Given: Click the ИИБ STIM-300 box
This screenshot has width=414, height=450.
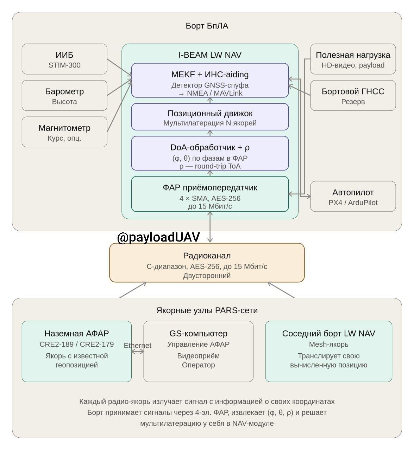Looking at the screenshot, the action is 64,59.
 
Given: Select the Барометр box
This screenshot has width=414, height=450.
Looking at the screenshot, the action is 64,96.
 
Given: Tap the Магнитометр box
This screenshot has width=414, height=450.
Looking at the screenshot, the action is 64,132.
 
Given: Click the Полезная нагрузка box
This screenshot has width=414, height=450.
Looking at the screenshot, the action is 353,59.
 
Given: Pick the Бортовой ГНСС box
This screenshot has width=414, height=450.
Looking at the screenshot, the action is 353,96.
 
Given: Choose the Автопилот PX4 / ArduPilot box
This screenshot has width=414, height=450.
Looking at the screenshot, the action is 353,197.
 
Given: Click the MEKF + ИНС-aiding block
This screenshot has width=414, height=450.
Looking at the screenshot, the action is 210,80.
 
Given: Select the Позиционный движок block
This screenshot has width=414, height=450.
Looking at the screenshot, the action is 210,117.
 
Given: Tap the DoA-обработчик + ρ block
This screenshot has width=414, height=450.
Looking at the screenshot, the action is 210,153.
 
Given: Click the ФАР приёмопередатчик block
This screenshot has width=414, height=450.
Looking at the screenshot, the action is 210,194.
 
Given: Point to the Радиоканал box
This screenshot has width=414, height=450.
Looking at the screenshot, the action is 207,263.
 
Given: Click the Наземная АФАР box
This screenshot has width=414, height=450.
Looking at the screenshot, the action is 77,352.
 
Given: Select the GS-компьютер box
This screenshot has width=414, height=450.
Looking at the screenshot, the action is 198,352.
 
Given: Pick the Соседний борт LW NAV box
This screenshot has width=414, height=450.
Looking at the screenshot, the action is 329,352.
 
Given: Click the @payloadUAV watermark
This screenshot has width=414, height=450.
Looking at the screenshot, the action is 158,237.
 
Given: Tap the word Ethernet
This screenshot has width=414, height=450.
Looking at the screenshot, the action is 138,346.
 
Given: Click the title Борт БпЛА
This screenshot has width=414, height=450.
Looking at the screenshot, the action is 207,26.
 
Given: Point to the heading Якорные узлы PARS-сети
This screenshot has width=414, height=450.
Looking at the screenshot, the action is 207,310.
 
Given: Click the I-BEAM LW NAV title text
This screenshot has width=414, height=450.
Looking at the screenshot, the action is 210,55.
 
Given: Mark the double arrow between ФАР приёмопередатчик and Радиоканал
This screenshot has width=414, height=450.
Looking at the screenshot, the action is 210,227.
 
